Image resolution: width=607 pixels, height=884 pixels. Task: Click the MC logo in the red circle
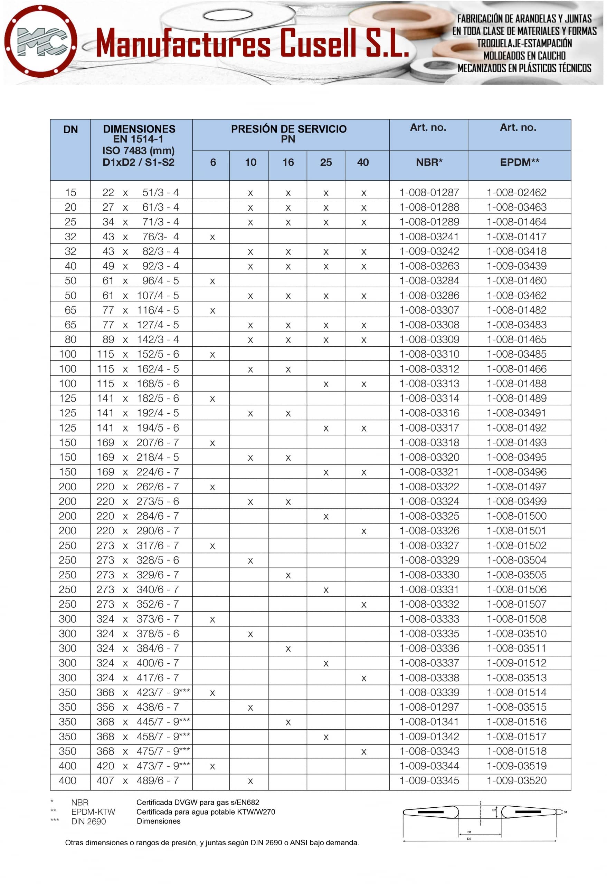point(41,41)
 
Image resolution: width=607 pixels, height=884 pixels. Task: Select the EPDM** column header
point(520,162)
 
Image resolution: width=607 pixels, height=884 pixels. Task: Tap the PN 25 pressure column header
point(326,162)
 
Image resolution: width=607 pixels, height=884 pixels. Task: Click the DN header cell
point(70,129)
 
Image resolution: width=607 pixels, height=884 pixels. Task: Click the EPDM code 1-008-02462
point(516,192)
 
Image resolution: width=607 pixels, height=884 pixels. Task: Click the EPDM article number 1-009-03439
point(516,266)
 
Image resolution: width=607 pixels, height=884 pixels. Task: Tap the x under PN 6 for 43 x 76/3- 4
point(212,237)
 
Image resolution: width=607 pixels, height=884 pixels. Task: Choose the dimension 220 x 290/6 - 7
point(137,531)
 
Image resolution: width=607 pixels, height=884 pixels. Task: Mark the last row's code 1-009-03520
point(516,780)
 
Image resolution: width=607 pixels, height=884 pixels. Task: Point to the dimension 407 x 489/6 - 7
point(137,780)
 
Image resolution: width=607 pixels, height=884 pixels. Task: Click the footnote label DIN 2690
point(88,821)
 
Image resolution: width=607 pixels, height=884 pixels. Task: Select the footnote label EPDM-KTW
point(93,812)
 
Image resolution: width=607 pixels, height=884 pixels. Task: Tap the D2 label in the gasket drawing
point(469,839)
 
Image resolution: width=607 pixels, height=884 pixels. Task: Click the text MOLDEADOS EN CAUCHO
point(524,56)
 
